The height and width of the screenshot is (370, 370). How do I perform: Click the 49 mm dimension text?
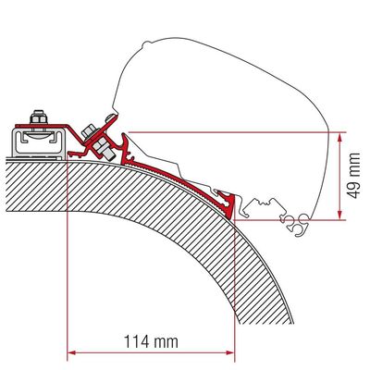pyautogui.click(x=352, y=176)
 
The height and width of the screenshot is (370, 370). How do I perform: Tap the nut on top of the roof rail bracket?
pyautogui.click(x=38, y=117)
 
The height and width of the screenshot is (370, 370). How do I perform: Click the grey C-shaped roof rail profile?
pyautogui.click(x=39, y=142)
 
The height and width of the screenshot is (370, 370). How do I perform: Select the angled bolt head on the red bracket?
pyautogui.click(x=89, y=130)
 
